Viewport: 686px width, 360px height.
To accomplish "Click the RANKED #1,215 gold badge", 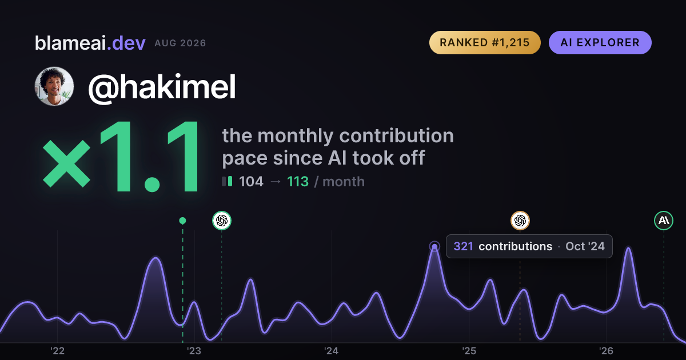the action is (x=485, y=42).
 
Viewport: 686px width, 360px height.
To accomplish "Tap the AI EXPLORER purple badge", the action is (x=600, y=42).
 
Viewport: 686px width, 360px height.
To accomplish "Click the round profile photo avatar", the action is (x=54, y=86).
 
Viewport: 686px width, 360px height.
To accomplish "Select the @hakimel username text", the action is (x=162, y=87).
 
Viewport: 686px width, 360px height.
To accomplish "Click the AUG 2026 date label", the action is (x=180, y=43).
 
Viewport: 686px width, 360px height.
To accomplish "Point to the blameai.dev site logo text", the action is (x=90, y=43).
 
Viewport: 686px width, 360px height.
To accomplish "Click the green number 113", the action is (x=298, y=182).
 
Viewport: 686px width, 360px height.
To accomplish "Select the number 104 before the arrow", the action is (x=251, y=182).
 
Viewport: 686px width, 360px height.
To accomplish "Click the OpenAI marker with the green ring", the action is (x=222, y=221).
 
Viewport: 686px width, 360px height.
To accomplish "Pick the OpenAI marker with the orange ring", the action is (x=520, y=221).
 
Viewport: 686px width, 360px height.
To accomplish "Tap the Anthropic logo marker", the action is (x=664, y=221).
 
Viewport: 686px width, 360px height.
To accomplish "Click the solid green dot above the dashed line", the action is (x=182, y=221).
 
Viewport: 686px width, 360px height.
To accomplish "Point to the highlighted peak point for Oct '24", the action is (x=434, y=246).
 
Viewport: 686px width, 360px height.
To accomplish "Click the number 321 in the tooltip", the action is (x=464, y=246).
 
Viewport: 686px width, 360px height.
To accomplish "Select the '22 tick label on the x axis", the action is (x=58, y=351).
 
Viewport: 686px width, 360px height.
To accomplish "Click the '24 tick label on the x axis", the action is (x=332, y=351).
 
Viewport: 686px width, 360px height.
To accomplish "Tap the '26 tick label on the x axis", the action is (x=606, y=351).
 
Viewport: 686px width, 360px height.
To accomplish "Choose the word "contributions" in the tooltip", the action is (x=516, y=246).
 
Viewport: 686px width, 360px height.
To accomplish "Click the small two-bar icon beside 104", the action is (x=227, y=181).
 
